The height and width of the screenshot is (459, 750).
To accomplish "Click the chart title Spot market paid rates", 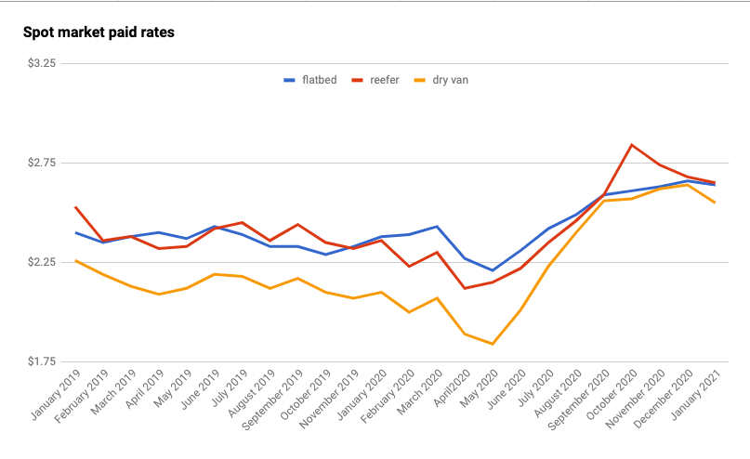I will tap(99, 33).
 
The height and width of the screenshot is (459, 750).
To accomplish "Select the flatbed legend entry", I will tap(310, 80).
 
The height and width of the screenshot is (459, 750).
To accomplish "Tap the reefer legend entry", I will tap(375, 80).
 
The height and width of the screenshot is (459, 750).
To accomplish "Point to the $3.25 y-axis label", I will tap(43, 64).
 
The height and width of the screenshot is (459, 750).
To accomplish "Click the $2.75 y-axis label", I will tap(43, 163).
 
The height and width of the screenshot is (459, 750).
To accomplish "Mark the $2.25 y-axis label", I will tap(43, 262).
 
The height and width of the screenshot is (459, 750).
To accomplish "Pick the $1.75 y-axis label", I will tap(43, 361).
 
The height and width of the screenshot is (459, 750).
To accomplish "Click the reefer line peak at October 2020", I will tap(632, 145).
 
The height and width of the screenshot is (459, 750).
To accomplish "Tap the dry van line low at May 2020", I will tap(493, 345).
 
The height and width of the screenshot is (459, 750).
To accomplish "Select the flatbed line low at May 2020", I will tap(493, 270).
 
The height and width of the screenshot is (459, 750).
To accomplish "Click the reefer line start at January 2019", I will tap(75, 207).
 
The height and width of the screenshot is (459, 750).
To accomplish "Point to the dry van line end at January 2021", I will tap(715, 203).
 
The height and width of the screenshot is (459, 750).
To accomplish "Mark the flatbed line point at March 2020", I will tap(437, 227).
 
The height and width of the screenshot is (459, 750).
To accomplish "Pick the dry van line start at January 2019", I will tap(75, 261).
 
